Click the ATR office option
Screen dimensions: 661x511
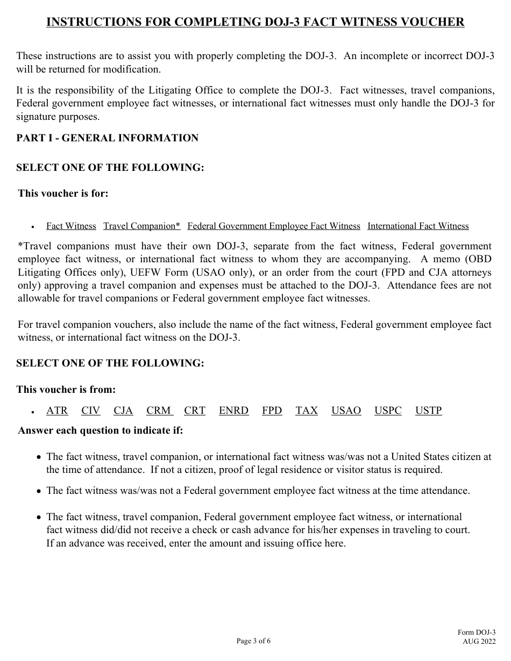(57, 411)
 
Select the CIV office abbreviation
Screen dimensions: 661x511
(91, 411)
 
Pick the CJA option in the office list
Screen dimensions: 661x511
(123, 411)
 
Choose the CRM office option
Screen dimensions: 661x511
(159, 411)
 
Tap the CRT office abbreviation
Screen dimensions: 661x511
(195, 411)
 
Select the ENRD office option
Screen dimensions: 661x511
(233, 411)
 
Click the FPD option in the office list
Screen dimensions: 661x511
(272, 411)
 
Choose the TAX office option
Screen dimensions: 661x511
(307, 411)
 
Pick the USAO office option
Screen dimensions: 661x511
(346, 411)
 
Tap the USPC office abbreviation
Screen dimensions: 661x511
(388, 411)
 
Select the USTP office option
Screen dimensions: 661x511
(428, 411)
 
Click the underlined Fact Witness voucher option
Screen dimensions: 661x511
(71, 226)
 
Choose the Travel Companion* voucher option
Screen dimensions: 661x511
(141, 226)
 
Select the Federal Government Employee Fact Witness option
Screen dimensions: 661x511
(274, 226)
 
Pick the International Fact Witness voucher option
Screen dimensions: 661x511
(418, 226)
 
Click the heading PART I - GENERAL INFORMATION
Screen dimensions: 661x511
(108, 138)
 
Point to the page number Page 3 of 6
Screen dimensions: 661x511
(254, 641)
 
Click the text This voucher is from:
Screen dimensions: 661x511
(66, 390)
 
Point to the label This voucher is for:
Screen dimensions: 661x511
(63, 193)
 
